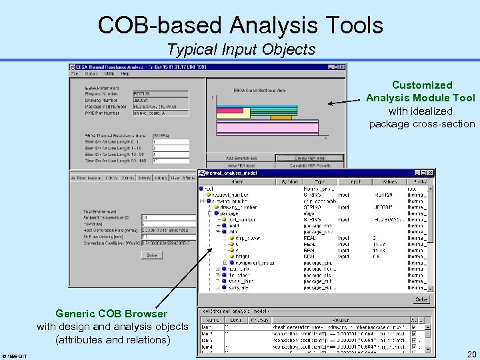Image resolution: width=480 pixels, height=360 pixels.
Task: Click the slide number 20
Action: pyautogui.click(x=471, y=354)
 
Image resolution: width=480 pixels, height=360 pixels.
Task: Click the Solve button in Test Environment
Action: pyautogui.click(x=151, y=255)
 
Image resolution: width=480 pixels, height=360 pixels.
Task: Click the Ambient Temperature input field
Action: pyautogui.click(x=164, y=217)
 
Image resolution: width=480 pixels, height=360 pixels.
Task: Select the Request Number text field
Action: pyautogui.click(x=160, y=94)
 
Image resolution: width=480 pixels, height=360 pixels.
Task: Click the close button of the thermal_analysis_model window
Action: pyautogui.click(x=430, y=172)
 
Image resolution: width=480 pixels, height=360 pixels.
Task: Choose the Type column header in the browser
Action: pyautogui.click(x=321, y=181)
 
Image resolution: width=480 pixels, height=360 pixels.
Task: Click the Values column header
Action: pyautogui.click(x=389, y=181)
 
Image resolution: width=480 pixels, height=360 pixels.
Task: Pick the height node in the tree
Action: pyautogui.click(x=242, y=256)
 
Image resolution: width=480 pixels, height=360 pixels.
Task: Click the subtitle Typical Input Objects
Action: pyautogui.click(x=241, y=49)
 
